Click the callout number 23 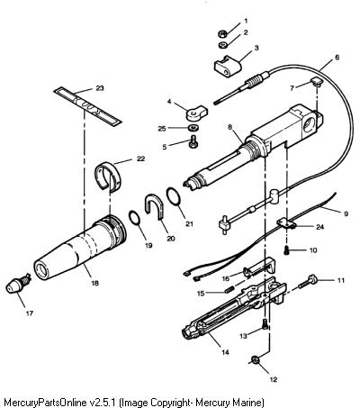100,88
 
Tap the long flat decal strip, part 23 87,106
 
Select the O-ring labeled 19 135,217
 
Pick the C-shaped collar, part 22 108,177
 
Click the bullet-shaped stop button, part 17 17,285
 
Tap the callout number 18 94,283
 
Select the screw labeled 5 192,141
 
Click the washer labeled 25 192,128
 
